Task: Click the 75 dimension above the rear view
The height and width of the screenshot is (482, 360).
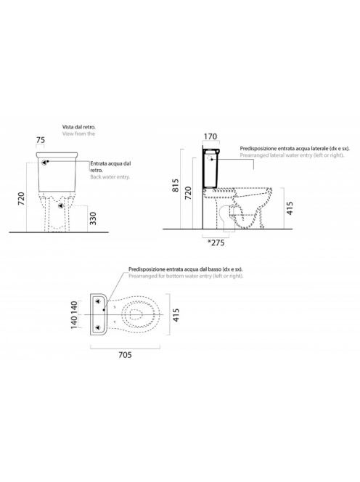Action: coord(41,140)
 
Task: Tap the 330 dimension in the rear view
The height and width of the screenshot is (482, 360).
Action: coord(93,218)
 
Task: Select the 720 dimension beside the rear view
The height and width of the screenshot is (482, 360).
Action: coord(21,199)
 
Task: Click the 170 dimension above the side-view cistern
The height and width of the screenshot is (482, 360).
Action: coord(210,136)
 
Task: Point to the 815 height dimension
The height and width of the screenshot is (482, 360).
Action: coord(175,185)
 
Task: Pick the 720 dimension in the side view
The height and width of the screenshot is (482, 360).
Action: coord(188,193)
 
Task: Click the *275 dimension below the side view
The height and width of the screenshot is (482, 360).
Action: coord(216,242)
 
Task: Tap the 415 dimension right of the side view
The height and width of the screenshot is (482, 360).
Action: coord(290,208)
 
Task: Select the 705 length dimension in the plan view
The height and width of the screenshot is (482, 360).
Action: coord(125,355)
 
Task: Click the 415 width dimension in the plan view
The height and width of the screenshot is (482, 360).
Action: coord(176,315)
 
